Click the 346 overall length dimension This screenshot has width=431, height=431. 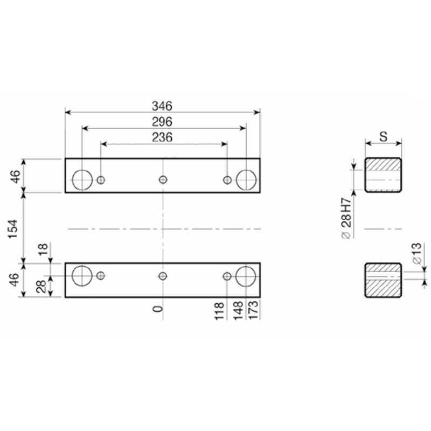(x=162, y=106)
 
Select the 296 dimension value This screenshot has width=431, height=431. (x=162, y=122)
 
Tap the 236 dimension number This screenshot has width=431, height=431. (x=162, y=137)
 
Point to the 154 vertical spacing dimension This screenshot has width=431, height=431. (x=13, y=228)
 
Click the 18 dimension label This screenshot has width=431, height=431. (x=44, y=249)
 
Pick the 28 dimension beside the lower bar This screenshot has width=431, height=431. (x=41, y=287)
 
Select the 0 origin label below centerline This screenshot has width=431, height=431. (x=158, y=309)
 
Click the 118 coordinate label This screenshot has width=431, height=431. (x=219, y=311)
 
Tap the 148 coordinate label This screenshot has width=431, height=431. (x=238, y=311)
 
